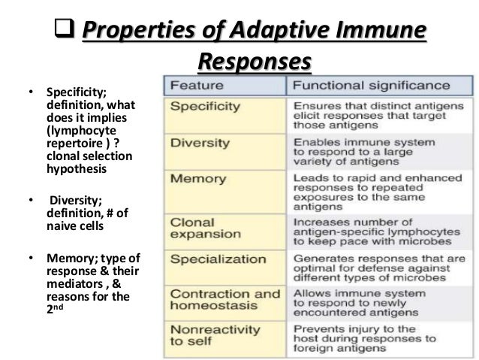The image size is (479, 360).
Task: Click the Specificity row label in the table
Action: (205, 107)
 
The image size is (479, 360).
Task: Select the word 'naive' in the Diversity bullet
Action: (59, 226)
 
